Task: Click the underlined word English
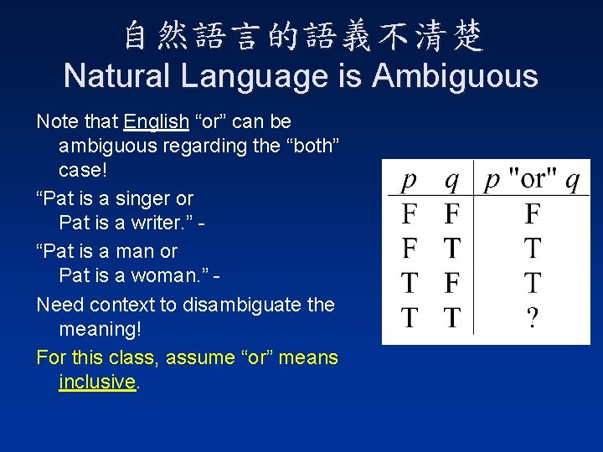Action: tap(156, 121)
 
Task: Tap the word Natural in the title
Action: tap(116, 76)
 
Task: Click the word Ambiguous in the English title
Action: tap(456, 76)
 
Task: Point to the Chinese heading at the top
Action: tap(302, 35)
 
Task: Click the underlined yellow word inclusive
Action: tap(97, 382)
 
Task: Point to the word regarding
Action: tap(189, 146)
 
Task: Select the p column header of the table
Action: tap(409, 180)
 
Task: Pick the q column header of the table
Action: tap(451, 180)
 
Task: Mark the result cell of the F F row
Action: tap(532, 214)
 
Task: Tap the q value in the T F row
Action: tap(451, 284)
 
